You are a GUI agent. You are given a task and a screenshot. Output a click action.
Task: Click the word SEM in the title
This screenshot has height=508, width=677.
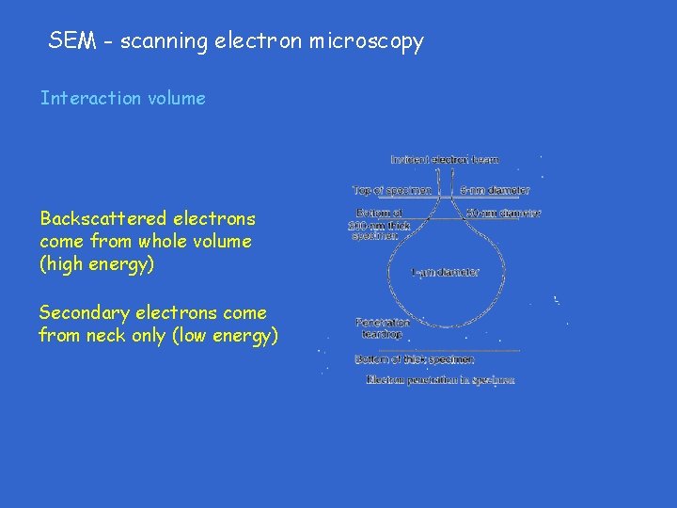click(70, 41)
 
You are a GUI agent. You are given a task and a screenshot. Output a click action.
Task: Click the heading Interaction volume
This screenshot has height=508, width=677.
click(122, 98)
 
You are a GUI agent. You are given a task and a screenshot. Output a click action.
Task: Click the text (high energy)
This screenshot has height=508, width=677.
click(97, 264)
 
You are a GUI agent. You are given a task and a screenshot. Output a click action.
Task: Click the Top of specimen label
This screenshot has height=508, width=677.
click(392, 190)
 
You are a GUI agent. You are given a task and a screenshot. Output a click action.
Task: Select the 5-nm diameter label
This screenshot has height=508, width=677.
click(496, 190)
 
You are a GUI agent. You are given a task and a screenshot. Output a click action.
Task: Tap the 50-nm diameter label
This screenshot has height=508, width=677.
click(504, 214)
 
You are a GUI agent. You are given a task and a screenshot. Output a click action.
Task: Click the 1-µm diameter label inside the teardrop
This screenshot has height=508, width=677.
click(446, 273)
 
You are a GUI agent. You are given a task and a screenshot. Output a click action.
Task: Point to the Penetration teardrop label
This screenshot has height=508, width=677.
click(382, 327)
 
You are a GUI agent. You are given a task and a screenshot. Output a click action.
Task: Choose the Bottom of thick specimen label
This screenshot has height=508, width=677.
click(415, 359)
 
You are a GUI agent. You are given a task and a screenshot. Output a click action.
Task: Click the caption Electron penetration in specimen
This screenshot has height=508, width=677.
click(440, 380)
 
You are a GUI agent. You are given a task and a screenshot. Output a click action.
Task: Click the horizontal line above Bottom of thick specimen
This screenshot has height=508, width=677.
click(437, 350)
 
